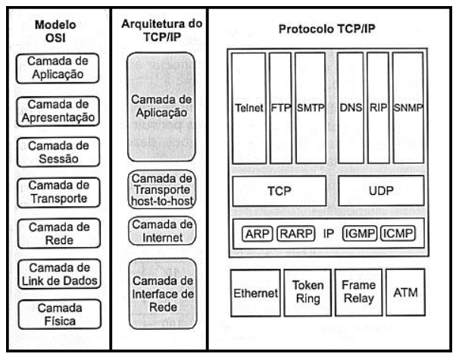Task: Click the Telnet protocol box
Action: tap(249, 108)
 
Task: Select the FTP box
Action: tap(281, 108)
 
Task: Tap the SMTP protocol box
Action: tap(311, 108)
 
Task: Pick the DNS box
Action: tap(351, 108)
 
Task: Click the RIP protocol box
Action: tap(378, 108)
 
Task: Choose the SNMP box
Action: tap(408, 108)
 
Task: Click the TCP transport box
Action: tap(279, 191)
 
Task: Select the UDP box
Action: tap(381, 191)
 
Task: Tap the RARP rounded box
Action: tap(296, 233)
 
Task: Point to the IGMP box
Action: tap(360, 233)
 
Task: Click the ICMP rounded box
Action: tap(398, 233)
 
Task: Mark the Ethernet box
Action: tap(255, 293)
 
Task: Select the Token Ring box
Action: tap(308, 293)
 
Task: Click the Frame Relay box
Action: tap(358, 293)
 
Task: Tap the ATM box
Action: tap(405, 293)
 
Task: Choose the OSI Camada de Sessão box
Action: tap(58, 152)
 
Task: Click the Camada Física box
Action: tap(60, 315)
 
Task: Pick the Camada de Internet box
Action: tap(162, 231)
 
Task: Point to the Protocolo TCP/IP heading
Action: tap(326, 29)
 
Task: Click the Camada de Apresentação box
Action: tap(58, 111)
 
